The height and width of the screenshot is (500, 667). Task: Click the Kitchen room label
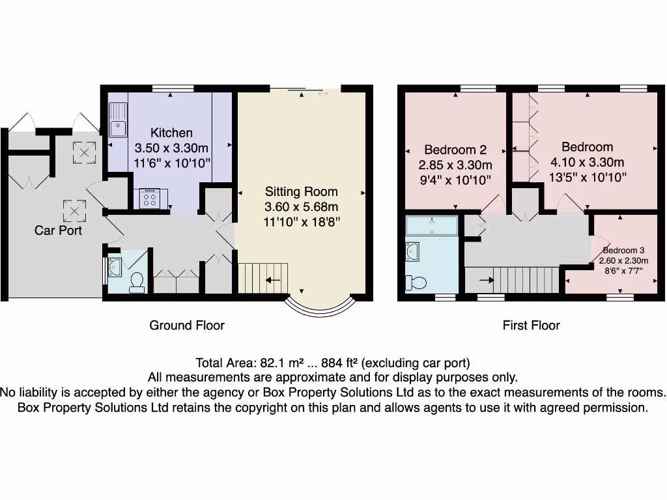click(171, 133)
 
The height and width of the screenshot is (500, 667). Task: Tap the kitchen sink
click(118, 121)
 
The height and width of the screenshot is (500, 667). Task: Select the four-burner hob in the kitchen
click(149, 198)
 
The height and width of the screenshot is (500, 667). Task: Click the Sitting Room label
click(301, 191)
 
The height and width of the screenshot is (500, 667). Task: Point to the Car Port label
click(58, 230)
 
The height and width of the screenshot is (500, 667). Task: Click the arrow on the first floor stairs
click(486, 281)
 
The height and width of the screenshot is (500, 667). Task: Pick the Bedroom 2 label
click(455, 150)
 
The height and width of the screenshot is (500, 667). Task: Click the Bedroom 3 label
click(623, 251)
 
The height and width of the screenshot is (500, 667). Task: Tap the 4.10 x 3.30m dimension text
click(588, 162)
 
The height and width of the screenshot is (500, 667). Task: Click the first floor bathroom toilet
click(416, 283)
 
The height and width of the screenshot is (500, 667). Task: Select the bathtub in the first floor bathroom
click(432, 225)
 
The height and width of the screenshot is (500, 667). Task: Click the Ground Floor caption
click(187, 326)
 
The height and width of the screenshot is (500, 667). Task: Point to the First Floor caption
click(531, 326)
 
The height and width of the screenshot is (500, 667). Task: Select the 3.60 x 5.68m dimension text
click(301, 206)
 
